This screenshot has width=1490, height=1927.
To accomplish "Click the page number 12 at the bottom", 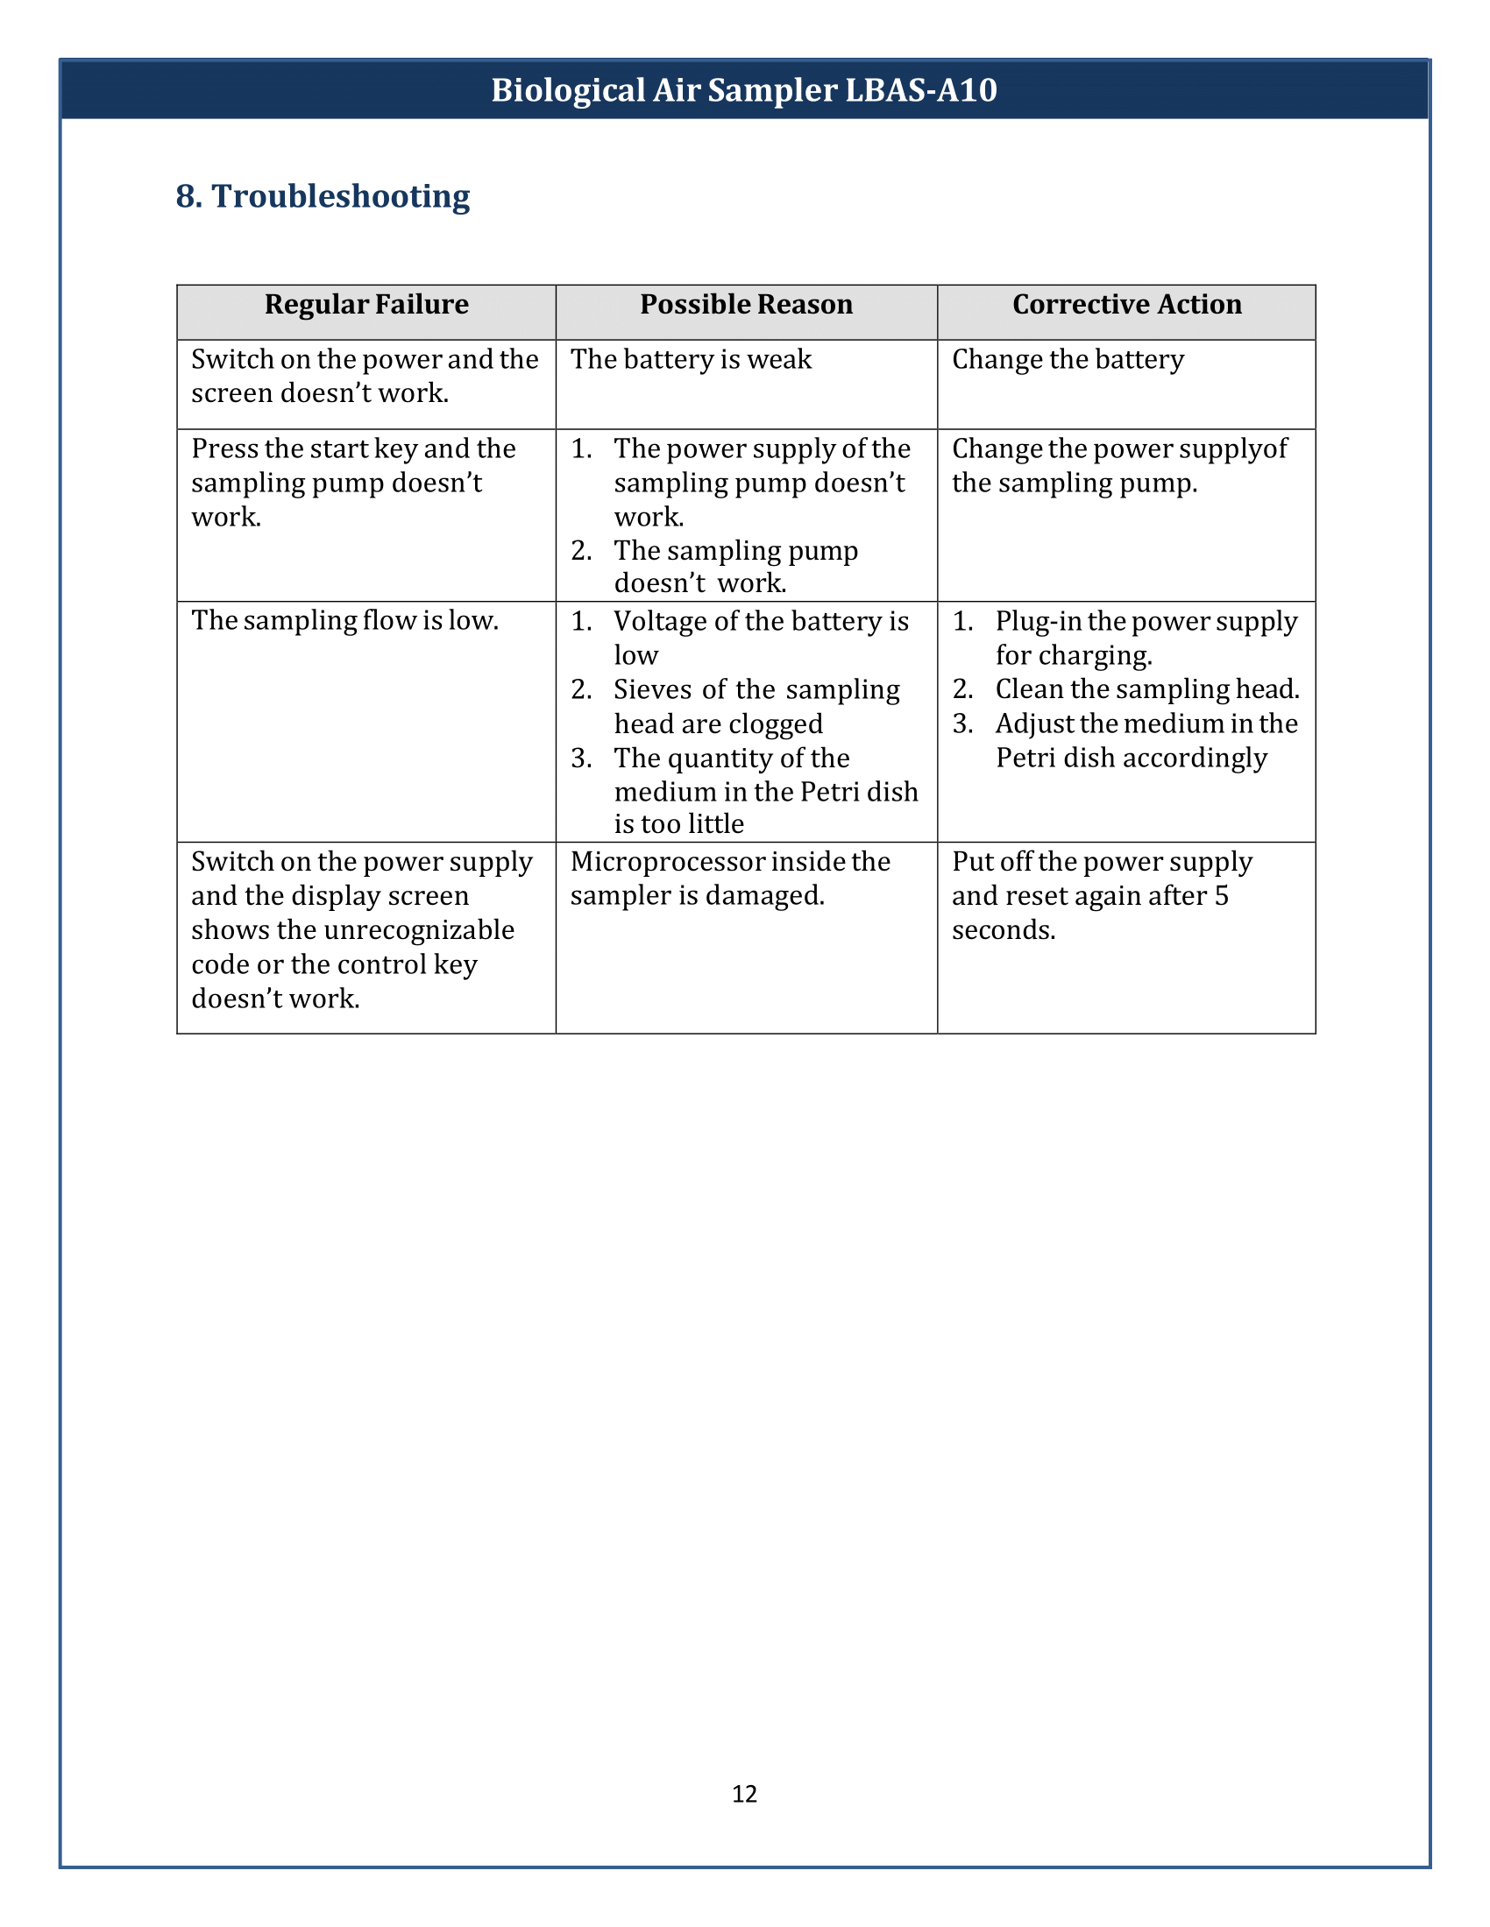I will click(x=744, y=1793).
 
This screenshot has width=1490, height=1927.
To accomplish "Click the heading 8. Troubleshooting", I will click(x=323, y=196).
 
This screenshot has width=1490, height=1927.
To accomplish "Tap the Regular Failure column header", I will click(x=366, y=305).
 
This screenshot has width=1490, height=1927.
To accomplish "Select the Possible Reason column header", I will click(x=746, y=305).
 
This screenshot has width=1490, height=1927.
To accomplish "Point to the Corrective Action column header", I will click(x=1126, y=305).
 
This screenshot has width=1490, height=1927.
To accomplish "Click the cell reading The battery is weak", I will click(x=691, y=360).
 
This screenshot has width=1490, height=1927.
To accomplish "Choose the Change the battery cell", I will click(x=1068, y=360).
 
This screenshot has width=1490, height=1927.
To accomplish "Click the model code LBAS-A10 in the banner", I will click(x=920, y=90).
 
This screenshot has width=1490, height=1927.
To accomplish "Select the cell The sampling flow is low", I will click(x=344, y=621).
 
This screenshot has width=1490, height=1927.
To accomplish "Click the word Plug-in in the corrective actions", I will click(x=1038, y=621).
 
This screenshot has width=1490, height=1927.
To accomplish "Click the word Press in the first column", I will click(x=224, y=449).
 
